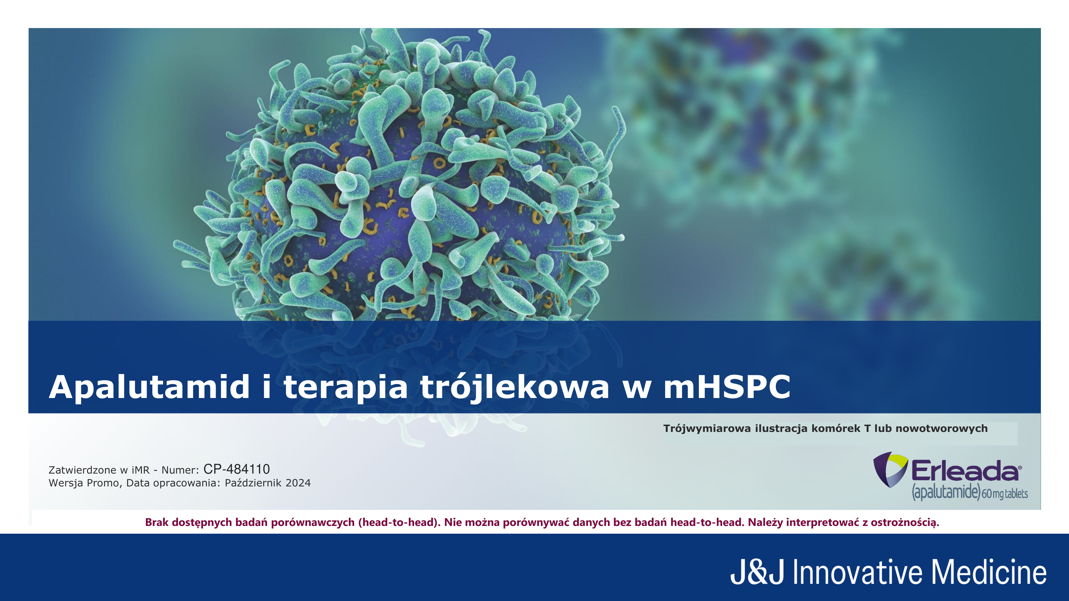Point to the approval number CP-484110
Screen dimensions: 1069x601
click(237, 469)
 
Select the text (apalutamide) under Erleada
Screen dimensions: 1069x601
click(946, 492)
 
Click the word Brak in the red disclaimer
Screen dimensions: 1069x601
click(156, 522)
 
